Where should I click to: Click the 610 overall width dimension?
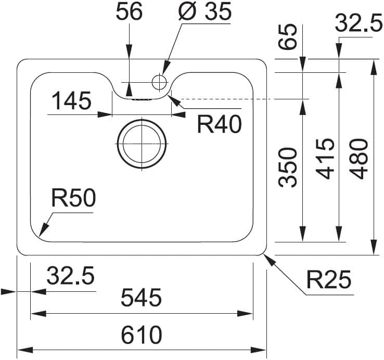(x=142, y=335)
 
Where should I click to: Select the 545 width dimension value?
(x=142, y=298)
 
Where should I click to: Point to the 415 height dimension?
(x=325, y=158)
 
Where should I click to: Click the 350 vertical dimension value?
(x=288, y=166)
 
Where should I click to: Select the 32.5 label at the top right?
(x=359, y=23)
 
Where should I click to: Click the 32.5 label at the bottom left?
(x=71, y=276)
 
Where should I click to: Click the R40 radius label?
(x=219, y=124)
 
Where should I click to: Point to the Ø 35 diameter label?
(x=204, y=12)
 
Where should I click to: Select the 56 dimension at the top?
(x=129, y=12)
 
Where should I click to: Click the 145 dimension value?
(x=71, y=100)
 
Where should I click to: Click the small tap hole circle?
(x=159, y=82)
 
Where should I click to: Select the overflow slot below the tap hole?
(x=141, y=98)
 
